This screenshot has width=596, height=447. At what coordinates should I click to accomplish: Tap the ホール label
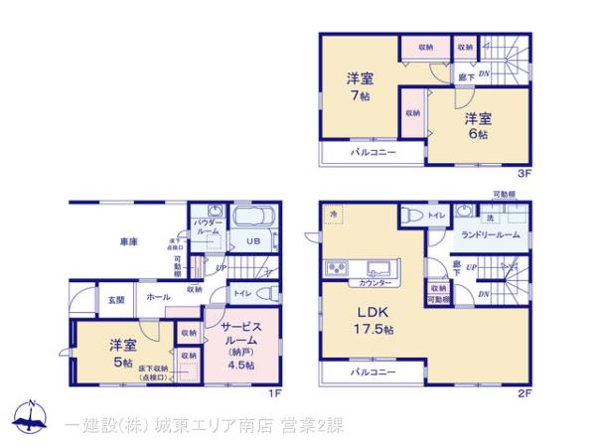(x=157, y=297)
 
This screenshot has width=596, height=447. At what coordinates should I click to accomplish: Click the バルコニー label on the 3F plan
(x=372, y=153)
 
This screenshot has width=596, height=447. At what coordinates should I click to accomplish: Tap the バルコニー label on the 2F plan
(x=372, y=372)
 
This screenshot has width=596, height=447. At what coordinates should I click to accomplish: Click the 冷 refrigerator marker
(x=335, y=214)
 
